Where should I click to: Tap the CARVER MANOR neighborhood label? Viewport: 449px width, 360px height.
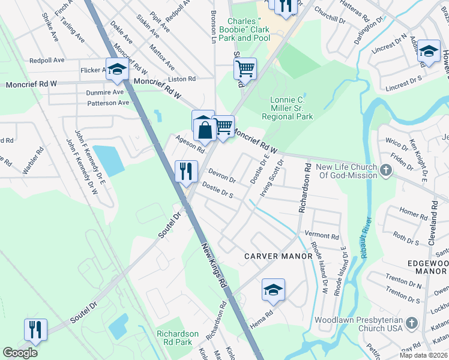[x=279, y=256]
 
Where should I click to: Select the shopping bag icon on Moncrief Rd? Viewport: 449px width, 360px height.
[x=205, y=128]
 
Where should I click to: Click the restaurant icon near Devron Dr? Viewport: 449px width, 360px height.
[x=186, y=171]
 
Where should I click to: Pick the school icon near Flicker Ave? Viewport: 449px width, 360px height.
[x=117, y=70]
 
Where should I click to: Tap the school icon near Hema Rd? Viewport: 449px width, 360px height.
[x=273, y=290]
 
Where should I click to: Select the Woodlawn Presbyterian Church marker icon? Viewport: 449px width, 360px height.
[x=411, y=323]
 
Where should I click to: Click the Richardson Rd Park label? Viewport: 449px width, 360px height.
[x=177, y=338]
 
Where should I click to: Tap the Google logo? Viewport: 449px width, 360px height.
[x=20, y=353]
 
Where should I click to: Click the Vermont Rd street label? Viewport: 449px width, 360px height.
[x=322, y=235]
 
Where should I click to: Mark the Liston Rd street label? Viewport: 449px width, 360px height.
[x=182, y=79]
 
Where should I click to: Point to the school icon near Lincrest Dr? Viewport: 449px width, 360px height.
[x=429, y=52]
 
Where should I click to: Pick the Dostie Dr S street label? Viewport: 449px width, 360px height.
[x=217, y=190]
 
